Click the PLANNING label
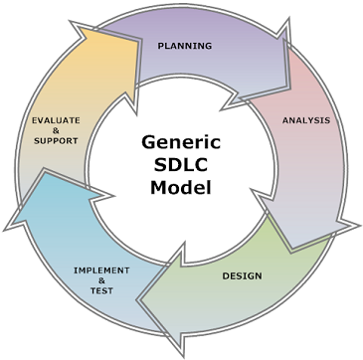185,46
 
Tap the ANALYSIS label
306,120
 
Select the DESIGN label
242,275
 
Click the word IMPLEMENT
101,270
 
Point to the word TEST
101,291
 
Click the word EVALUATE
56,120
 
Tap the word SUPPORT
56,141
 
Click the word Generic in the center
181,143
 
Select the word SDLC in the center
181,165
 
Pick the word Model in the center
181,187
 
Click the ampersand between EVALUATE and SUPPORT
56,130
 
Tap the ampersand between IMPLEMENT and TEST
101,280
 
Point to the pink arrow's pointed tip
358,226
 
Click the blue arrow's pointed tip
6,230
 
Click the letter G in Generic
148,142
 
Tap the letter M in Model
158,187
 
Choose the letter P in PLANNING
160,46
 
